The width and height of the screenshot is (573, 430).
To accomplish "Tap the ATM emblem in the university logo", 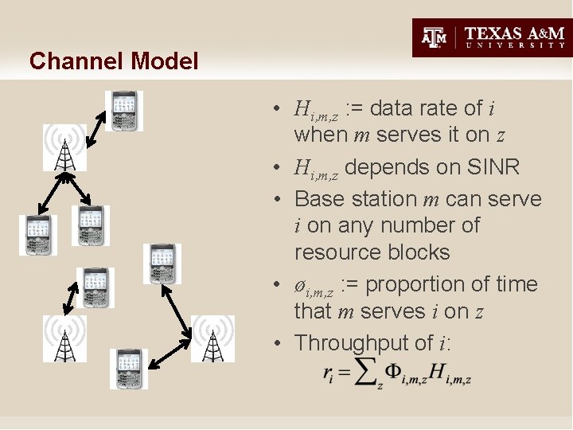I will (x=434, y=37).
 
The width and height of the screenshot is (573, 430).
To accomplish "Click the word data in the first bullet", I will (x=392, y=107).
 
